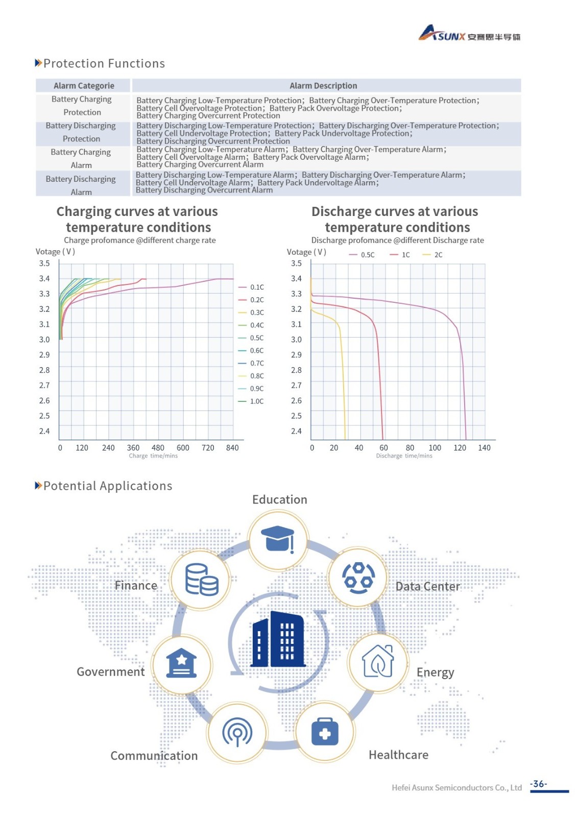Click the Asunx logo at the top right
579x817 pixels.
pos(469,34)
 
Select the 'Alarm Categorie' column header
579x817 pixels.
pos(84,86)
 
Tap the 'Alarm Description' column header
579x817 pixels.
pos(323,86)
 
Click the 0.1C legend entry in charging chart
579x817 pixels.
pos(251,287)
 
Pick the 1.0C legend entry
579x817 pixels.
pos(251,401)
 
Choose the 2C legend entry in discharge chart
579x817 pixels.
pos(433,255)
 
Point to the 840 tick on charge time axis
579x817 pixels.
pos(232,448)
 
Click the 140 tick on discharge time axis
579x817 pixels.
pos(484,448)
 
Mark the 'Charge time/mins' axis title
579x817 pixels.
pos(153,456)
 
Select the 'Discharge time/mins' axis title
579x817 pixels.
pos(404,456)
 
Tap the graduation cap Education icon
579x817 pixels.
pos(278,539)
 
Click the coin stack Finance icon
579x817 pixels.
pos(201,580)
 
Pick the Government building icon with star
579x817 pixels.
pos(182,663)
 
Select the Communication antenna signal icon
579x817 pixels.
pos(237,732)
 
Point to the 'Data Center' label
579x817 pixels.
pos(428,586)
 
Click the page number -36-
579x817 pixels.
pos(539,784)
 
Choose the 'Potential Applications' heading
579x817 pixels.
pos(108,486)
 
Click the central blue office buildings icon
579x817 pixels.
pos(278,639)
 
